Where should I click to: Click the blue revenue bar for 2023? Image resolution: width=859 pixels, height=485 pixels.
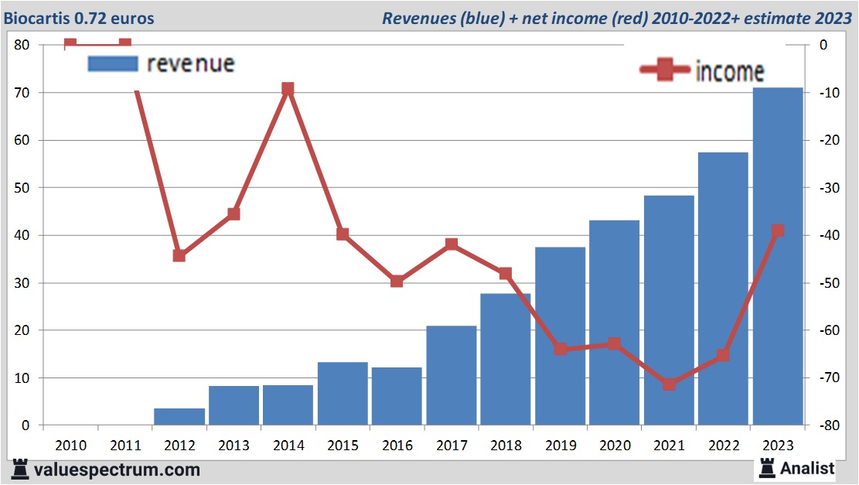click(777, 255)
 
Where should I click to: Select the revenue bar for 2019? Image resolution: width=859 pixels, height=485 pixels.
click(560, 336)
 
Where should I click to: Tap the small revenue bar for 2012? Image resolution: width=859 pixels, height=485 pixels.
click(179, 416)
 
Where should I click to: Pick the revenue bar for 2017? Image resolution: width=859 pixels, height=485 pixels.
click(452, 375)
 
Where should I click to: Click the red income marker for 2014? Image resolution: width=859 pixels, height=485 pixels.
click(288, 89)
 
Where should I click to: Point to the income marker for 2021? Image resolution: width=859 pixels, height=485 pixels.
click(669, 384)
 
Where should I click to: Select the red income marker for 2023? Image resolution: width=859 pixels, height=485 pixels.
click(778, 231)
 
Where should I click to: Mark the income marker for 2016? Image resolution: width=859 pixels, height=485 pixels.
click(397, 281)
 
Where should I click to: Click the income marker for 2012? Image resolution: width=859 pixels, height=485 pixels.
click(179, 255)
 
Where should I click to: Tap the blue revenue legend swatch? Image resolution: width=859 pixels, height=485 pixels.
click(113, 63)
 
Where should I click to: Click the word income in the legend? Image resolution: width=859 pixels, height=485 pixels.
click(729, 71)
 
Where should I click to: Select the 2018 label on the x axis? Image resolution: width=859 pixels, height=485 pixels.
click(506, 446)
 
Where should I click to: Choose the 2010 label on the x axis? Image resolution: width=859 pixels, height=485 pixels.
click(70, 446)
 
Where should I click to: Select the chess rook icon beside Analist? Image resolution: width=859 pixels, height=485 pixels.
click(766, 467)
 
